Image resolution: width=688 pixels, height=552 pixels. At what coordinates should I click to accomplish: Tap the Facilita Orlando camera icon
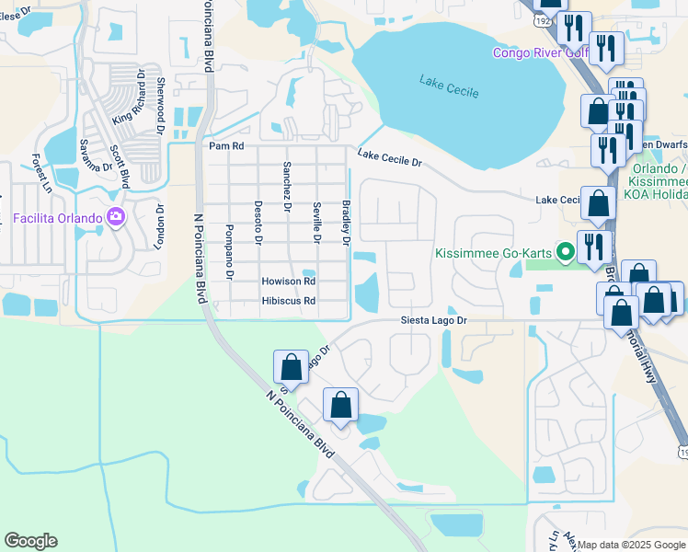click(x=116, y=218)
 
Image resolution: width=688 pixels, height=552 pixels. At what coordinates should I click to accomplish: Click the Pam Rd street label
click(x=225, y=146)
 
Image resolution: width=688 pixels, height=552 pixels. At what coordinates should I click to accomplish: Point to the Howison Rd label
click(x=288, y=282)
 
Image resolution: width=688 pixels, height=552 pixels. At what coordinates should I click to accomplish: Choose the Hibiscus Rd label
click(x=288, y=301)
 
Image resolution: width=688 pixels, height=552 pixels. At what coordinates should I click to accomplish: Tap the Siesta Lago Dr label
click(x=435, y=321)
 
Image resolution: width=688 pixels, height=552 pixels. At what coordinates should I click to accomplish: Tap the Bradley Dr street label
click(x=346, y=224)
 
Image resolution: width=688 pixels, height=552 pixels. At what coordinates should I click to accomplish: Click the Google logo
click(x=30, y=541)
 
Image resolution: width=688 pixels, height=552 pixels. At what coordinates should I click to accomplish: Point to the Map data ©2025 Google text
click(x=631, y=545)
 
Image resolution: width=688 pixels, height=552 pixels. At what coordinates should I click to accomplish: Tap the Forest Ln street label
click(x=41, y=173)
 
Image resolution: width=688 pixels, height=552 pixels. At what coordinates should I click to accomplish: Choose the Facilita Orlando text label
click(x=59, y=218)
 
